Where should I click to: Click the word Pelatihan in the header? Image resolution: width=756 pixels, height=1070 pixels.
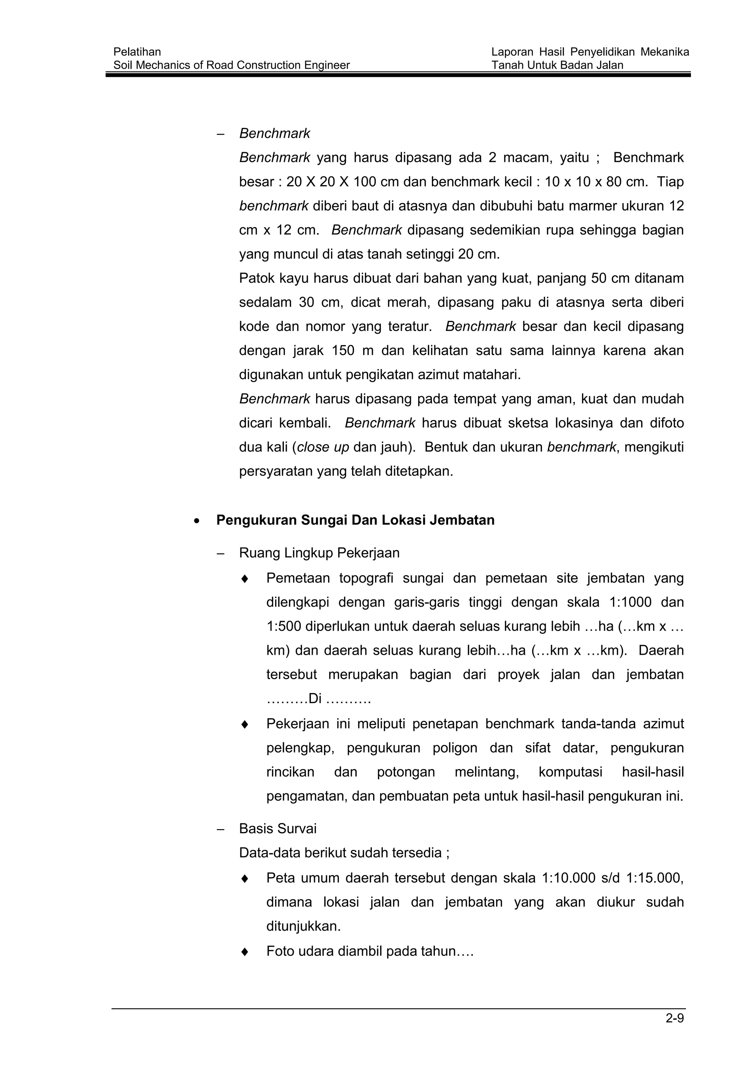point(137,52)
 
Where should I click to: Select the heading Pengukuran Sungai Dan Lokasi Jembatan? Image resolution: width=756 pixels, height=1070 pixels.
point(355,520)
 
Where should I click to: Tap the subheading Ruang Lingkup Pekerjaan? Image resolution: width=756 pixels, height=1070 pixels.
point(319,553)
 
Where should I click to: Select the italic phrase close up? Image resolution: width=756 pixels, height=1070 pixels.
point(323,447)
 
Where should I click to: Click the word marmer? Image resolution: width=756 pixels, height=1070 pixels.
point(592,206)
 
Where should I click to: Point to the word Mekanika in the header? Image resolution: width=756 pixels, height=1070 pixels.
point(665,52)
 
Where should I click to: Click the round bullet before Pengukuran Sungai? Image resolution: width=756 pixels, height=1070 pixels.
point(197,521)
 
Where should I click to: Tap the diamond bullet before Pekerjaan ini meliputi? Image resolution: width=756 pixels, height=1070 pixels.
point(245,725)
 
